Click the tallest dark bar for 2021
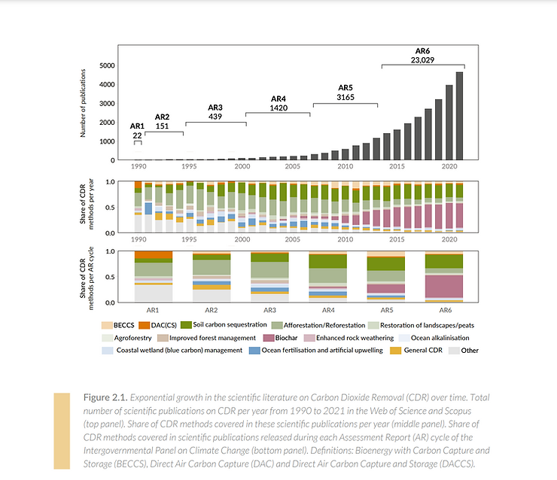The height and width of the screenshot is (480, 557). coord(459,116)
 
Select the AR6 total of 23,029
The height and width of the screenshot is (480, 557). coord(422,60)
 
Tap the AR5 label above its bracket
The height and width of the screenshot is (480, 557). coord(345,88)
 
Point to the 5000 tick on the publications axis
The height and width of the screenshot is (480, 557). coord(108,65)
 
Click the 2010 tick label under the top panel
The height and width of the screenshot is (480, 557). coord(345,166)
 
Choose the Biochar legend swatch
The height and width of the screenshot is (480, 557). coord(269,338)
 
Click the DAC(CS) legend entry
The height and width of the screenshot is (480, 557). coord(158,325)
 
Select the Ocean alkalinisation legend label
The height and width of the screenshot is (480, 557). coord(440,338)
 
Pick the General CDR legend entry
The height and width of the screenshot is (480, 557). coord(416,351)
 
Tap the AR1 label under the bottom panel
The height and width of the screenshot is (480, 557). coord(153,310)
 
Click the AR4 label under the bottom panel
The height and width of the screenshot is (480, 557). coord(328,310)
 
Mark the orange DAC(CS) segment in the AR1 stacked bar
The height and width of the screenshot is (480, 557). coord(154,255)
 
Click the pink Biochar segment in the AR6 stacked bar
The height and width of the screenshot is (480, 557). coord(444,286)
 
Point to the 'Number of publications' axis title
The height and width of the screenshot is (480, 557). coord(83,103)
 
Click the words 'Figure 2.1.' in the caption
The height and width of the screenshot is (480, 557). coord(105,398)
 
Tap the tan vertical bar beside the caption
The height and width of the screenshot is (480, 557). coord(62,431)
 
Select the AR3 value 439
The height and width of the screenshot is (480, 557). coord(215,117)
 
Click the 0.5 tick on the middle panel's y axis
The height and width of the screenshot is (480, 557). coord(110,208)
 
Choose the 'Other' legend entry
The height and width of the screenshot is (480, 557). coord(464,351)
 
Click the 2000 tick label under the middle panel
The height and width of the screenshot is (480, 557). coord(242,240)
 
